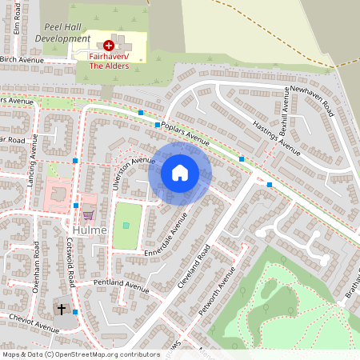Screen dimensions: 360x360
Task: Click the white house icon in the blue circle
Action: [x=180, y=173]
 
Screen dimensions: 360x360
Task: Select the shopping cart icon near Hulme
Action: [x=87, y=214]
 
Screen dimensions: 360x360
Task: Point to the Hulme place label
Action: [x=88, y=230]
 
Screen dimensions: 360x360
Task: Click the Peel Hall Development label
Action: [x=62, y=32]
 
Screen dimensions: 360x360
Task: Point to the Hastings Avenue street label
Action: [x=276, y=133]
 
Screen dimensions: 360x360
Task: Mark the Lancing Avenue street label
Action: [x=33, y=160]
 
